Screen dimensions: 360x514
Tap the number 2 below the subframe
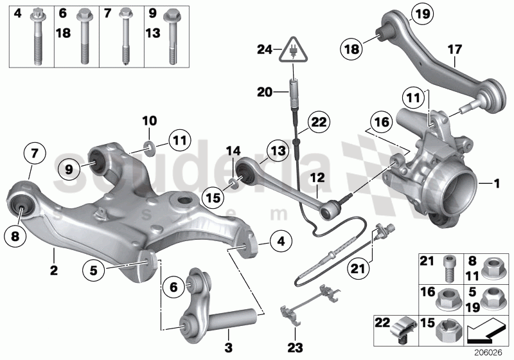pyautogui.click(x=54, y=271)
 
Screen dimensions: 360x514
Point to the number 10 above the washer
pyautogui.click(x=148, y=121)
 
